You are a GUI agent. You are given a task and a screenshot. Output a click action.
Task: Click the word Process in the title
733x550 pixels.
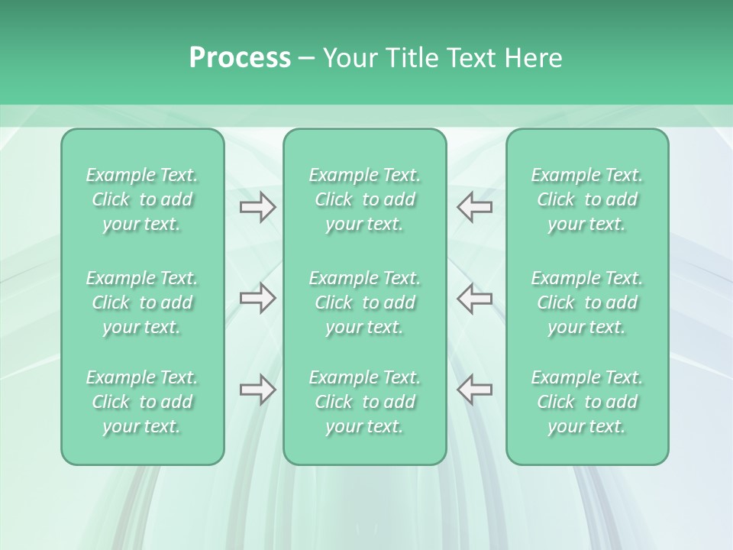tap(240, 58)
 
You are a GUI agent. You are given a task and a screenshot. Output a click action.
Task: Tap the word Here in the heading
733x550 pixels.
tap(532, 58)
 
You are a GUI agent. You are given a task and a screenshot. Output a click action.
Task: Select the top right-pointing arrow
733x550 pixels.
tap(257, 207)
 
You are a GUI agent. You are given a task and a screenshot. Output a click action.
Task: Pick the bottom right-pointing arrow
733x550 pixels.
tap(257, 390)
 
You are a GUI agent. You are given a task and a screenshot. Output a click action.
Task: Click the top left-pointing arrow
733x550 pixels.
tap(475, 207)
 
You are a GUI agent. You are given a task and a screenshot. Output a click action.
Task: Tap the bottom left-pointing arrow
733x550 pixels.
tap(475, 390)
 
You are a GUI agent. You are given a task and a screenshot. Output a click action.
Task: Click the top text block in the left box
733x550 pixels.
tap(142, 199)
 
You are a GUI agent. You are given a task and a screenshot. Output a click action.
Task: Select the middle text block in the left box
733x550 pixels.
tap(142, 302)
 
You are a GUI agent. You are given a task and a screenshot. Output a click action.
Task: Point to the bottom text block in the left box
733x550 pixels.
tap(142, 402)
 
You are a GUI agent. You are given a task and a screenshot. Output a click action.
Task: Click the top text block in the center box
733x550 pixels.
tap(364, 199)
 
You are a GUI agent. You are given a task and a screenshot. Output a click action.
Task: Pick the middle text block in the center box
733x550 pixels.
tap(364, 302)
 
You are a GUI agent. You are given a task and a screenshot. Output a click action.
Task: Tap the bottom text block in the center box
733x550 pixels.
tap(364, 402)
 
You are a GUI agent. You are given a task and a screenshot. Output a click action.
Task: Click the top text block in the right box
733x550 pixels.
tap(586, 199)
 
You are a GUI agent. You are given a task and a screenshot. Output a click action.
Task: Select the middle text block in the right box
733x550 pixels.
tap(586, 302)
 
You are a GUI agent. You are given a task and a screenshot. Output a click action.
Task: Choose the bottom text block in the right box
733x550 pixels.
tap(586, 402)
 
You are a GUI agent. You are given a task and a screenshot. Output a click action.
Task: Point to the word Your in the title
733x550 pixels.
tap(350, 58)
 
